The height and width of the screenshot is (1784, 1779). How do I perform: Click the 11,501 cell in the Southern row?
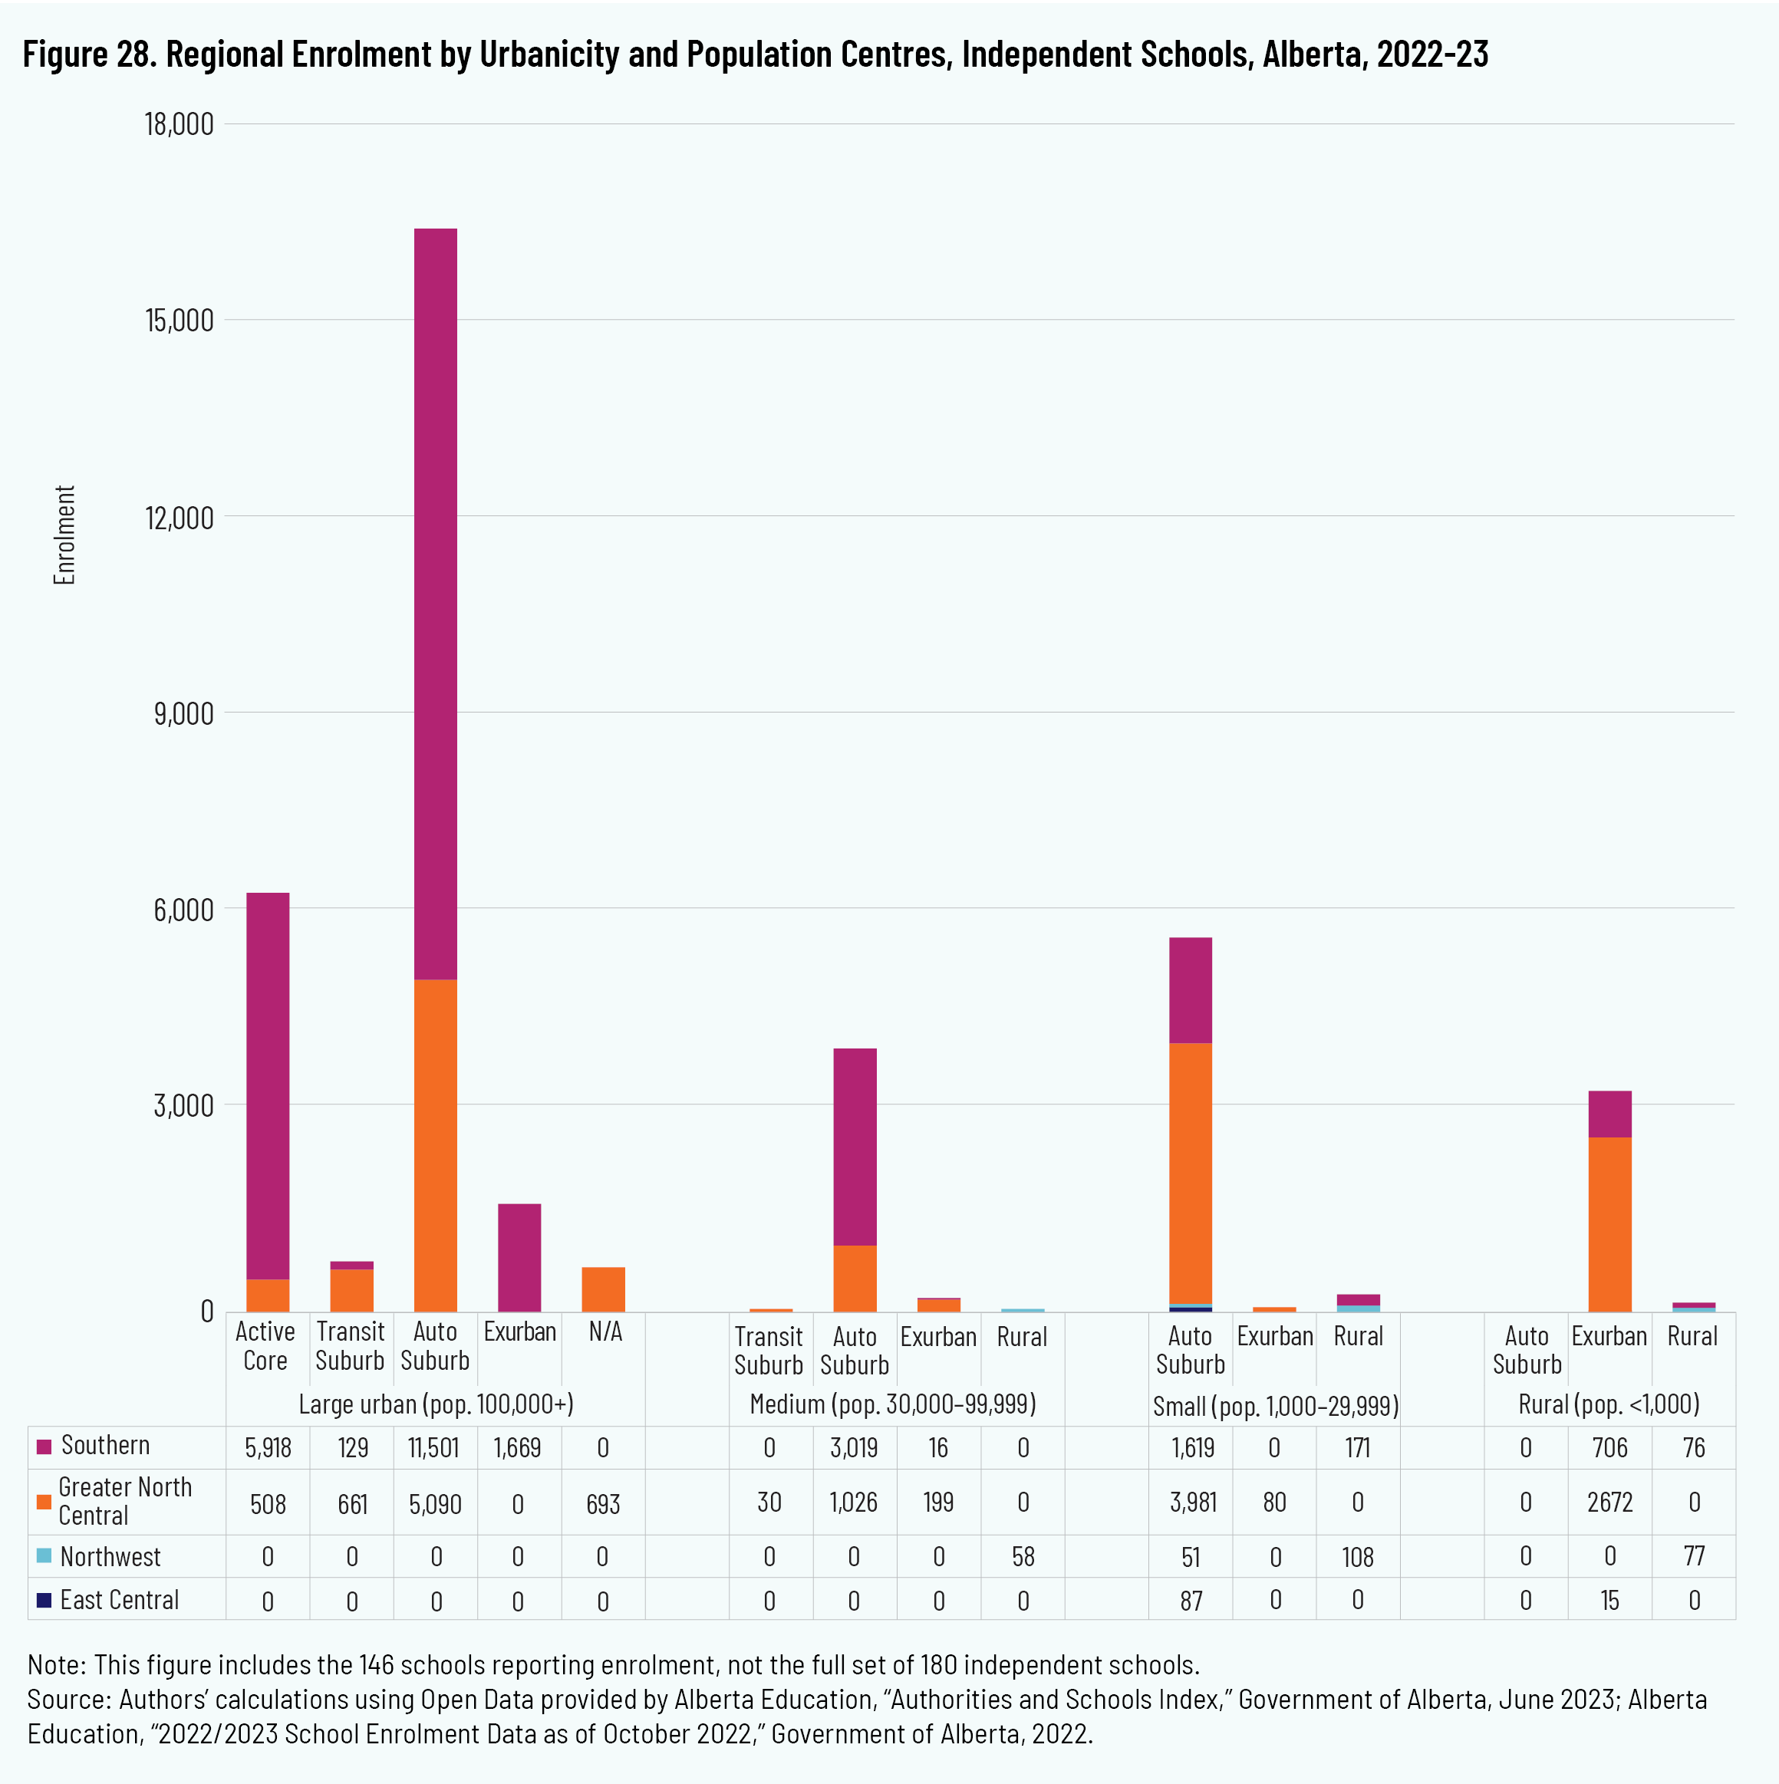pyautogui.click(x=433, y=1447)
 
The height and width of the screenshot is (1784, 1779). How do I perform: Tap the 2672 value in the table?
pyautogui.click(x=1610, y=1503)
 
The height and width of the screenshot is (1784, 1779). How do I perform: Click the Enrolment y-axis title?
pyautogui.click(x=64, y=535)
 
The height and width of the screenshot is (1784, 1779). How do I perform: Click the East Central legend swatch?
pyautogui.click(x=44, y=1600)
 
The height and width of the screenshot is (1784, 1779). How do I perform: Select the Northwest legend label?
pyautogui.click(x=110, y=1557)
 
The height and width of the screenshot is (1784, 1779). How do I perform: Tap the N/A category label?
pyautogui.click(x=605, y=1331)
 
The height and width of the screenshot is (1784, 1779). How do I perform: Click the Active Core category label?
pyautogui.click(x=265, y=1345)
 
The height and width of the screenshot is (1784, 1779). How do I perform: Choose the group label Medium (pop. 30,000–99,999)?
pyautogui.click(x=892, y=1404)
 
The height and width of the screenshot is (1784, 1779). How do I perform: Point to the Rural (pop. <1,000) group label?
pyautogui.click(x=1608, y=1404)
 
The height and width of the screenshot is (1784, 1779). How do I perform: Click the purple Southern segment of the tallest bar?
pyautogui.click(x=435, y=601)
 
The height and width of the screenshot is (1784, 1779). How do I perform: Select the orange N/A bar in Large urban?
pyautogui.click(x=603, y=1289)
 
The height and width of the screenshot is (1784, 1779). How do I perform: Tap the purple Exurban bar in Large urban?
pyautogui.click(x=519, y=1257)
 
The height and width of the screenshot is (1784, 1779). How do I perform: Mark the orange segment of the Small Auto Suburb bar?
pyautogui.click(x=1190, y=1173)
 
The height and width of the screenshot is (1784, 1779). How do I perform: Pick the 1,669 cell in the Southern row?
pyautogui.click(x=517, y=1447)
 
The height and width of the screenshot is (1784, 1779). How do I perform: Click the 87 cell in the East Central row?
pyautogui.click(x=1191, y=1600)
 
